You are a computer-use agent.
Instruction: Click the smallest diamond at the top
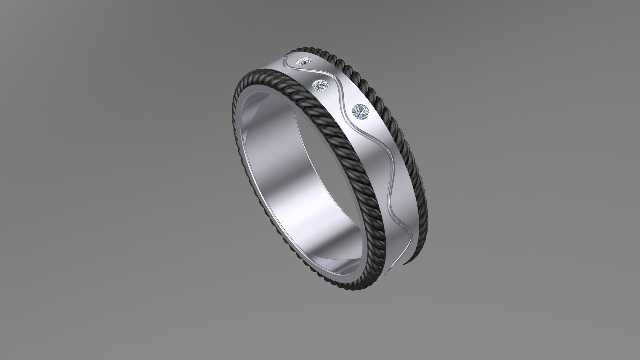point(72,61)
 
